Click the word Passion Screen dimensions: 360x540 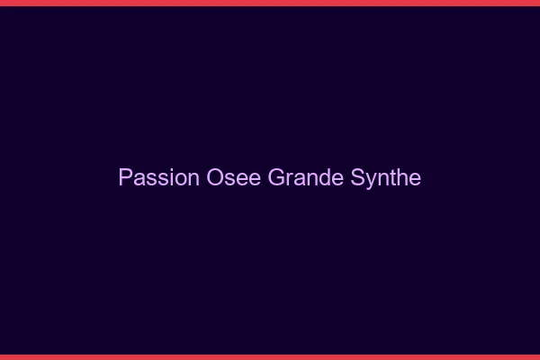point(158,177)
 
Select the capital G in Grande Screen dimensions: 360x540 point(276,177)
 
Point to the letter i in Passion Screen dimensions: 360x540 point(171,177)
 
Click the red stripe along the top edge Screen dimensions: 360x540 point(270,3)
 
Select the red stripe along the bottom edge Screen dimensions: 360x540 point(270,356)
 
